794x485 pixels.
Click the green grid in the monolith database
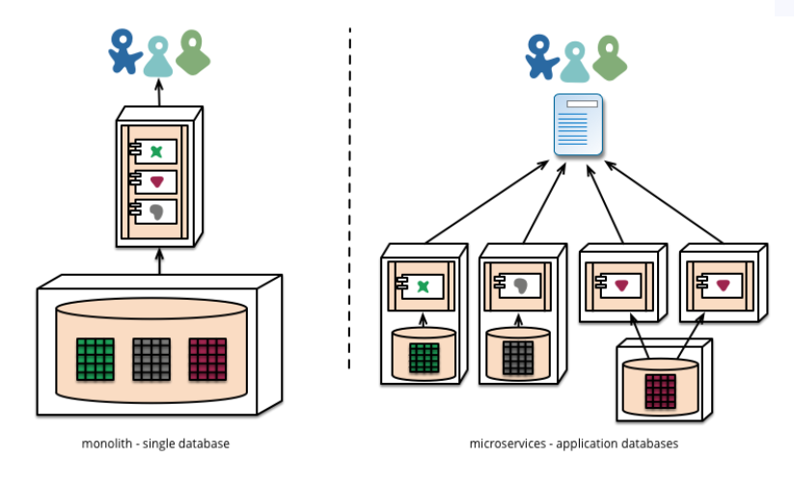[95, 358]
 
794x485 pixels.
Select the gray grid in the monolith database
[151, 358]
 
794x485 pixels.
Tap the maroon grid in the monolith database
[207, 358]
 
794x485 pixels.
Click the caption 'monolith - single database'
[156, 444]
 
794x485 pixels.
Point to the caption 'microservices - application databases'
[575, 444]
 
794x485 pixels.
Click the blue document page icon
[578, 124]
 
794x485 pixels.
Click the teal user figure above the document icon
[575, 61]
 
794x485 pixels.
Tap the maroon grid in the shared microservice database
[660, 391]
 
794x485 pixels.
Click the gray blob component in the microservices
[520, 285]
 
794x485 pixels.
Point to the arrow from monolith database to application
[160, 261]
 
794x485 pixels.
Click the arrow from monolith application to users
[160, 94]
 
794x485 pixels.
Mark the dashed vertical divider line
[349, 193]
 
